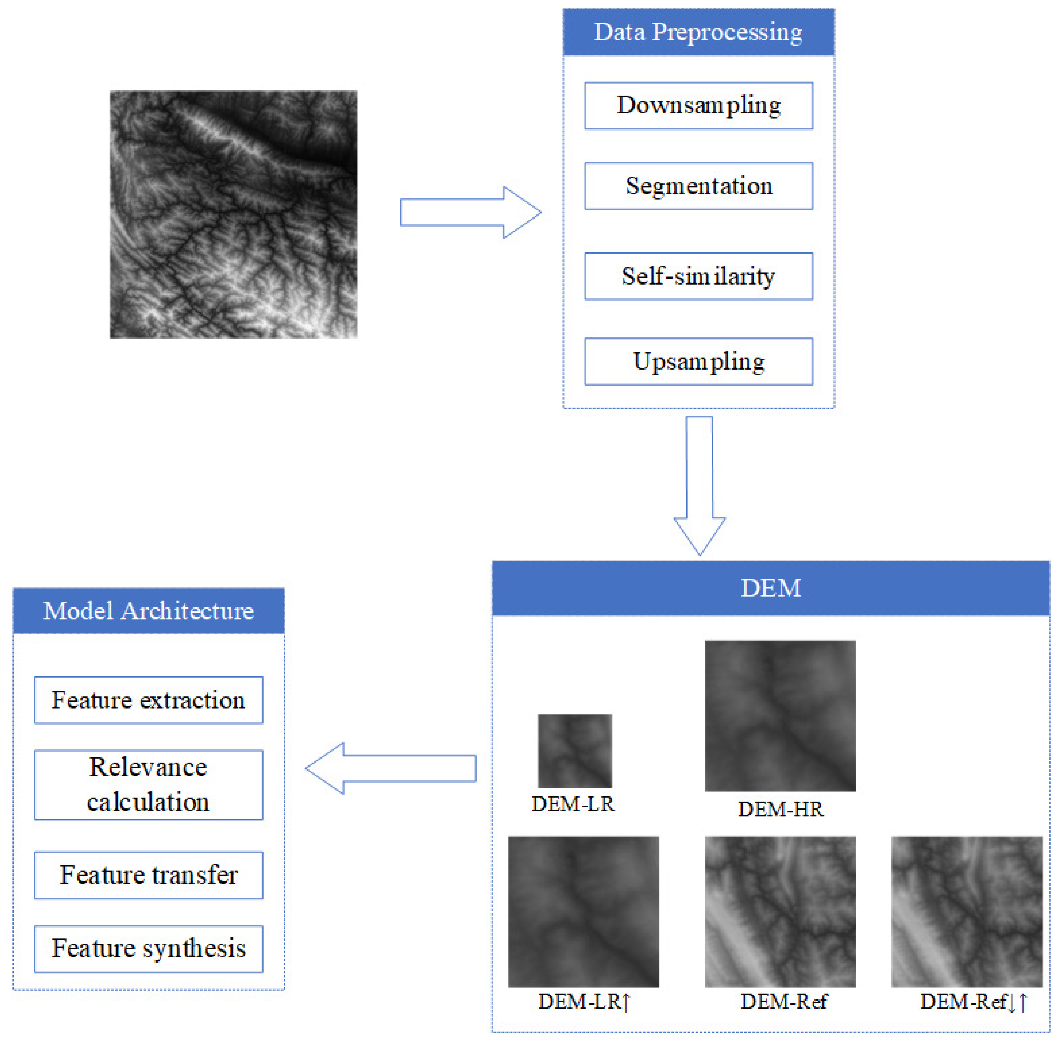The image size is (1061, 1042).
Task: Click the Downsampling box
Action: [698, 106]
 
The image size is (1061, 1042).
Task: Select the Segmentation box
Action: [698, 186]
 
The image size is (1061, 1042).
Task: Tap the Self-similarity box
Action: [698, 276]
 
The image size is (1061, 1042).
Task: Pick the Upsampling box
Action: [698, 362]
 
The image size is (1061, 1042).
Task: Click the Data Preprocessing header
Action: [698, 32]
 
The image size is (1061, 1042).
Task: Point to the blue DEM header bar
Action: [771, 588]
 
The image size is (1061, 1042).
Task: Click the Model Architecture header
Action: [149, 611]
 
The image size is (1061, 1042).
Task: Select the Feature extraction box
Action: [149, 700]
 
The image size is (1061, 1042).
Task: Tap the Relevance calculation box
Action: [149, 785]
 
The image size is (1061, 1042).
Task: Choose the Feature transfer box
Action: [149, 875]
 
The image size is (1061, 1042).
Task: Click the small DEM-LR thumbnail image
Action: [574, 751]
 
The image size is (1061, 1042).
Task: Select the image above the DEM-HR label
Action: [780, 716]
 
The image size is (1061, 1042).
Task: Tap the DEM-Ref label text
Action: [784, 1002]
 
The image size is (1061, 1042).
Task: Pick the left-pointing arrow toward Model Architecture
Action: [391, 768]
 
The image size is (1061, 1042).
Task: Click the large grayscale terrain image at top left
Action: [234, 214]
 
